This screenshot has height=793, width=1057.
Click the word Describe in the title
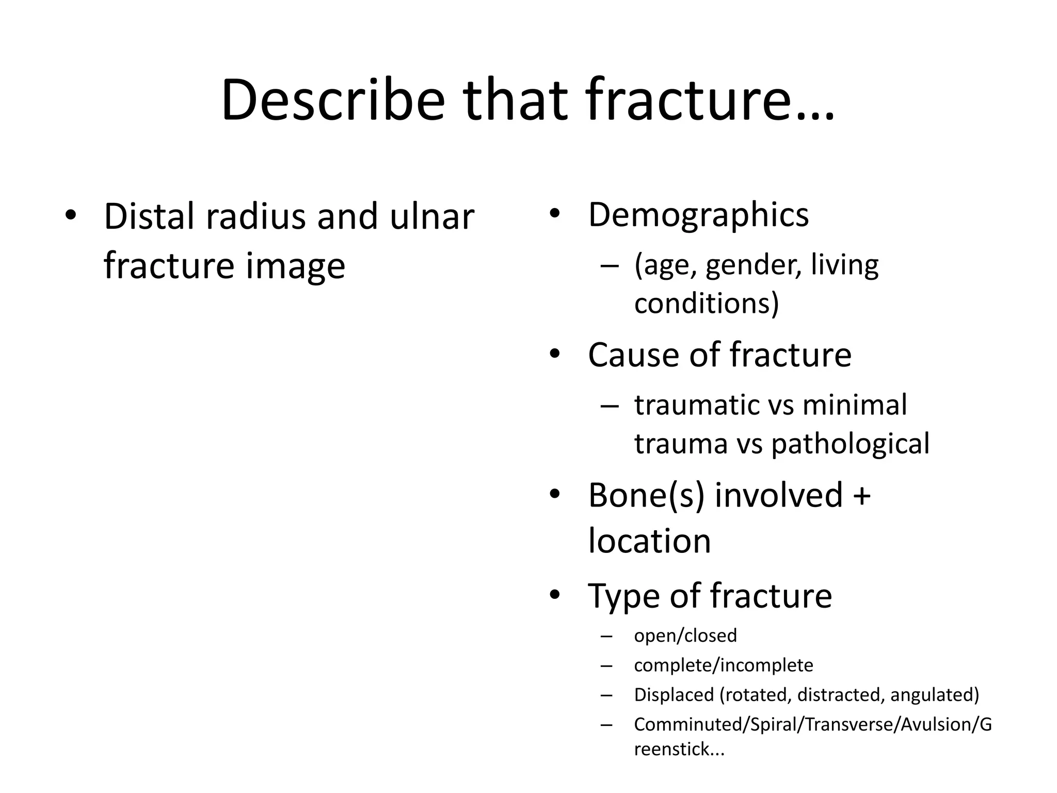(x=333, y=101)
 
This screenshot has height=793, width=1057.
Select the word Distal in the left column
(x=150, y=216)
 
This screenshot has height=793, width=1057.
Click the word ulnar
(x=431, y=216)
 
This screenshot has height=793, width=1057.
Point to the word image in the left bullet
(x=295, y=266)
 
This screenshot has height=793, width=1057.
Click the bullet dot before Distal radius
(x=71, y=215)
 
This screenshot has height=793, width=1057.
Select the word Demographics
(x=698, y=215)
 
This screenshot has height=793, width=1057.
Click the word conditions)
(x=706, y=303)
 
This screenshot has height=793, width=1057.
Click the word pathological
(x=850, y=443)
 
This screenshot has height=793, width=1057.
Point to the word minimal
(x=854, y=405)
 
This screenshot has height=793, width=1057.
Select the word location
(x=649, y=541)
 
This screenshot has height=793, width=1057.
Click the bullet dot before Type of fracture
(x=555, y=595)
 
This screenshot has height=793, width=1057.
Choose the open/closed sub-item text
(x=685, y=636)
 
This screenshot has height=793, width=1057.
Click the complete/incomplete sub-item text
(x=723, y=665)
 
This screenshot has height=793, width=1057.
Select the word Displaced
(x=674, y=695)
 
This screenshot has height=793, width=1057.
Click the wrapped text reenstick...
(x=679, y=749)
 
